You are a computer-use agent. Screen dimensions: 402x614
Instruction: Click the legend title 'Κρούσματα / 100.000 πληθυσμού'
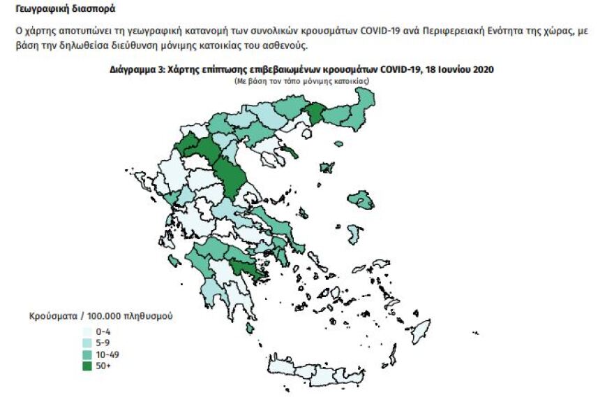(x=100, y=316)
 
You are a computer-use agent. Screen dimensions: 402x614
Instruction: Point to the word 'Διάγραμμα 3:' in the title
(x=137, y=71)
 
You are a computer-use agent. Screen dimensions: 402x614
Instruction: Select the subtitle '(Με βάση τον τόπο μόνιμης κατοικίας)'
(x=301, y=81)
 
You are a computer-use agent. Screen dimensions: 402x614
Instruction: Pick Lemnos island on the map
(x=325, y=168)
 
